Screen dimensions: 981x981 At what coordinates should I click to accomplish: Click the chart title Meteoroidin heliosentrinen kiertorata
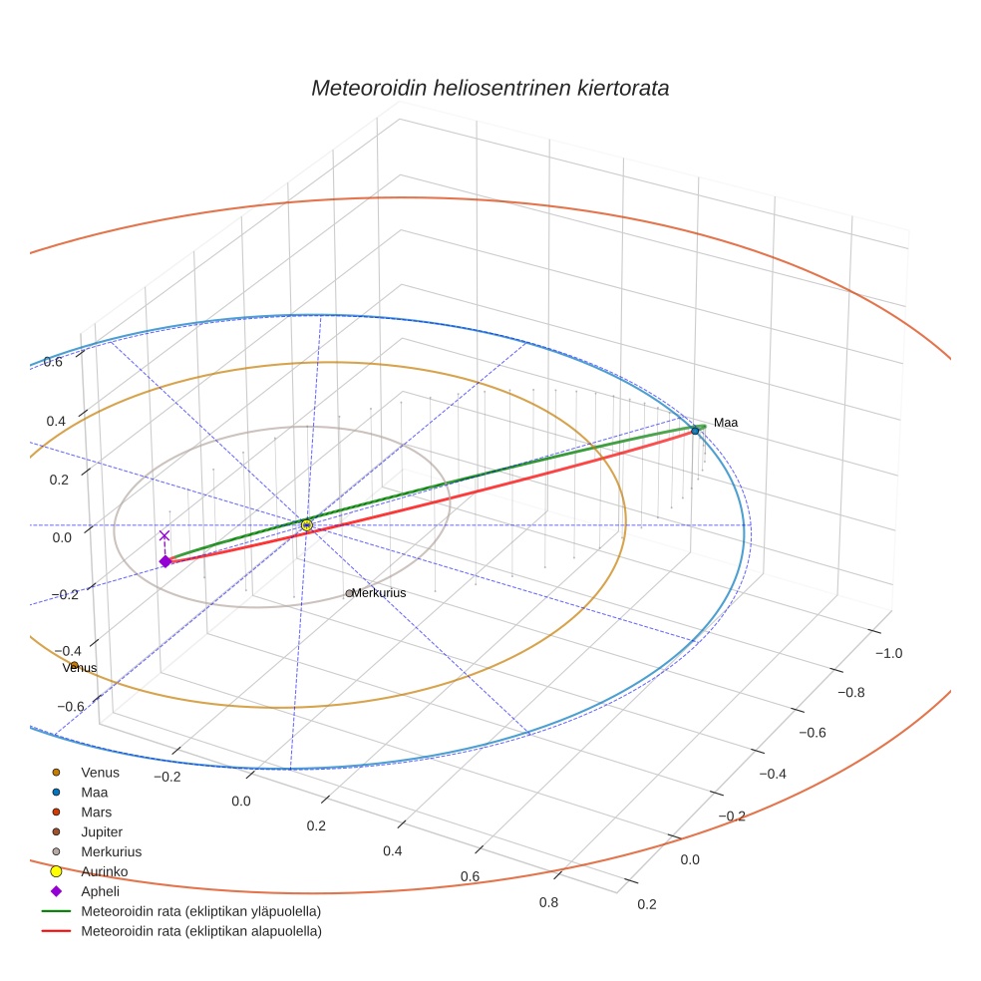click(x=490, y=88)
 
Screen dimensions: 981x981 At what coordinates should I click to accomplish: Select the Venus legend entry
click(x=100, y=772)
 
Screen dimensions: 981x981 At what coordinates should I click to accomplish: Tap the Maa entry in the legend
click(x=94, y=792)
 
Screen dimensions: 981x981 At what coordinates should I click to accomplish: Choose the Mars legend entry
click(x=96, y=812)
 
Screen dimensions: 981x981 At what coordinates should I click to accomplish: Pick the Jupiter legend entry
click(x=102, y=831)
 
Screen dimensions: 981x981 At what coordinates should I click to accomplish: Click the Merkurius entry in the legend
click(x=111, y=851)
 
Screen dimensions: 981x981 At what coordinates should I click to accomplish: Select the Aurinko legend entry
click(x=104, y=871)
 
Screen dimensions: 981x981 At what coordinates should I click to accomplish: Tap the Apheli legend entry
click(x=100, y=891)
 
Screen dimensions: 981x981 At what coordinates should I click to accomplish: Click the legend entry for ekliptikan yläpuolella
click(x=200, y=911)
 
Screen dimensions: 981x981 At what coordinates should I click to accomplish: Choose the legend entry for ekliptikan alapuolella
click(x=200, y=931)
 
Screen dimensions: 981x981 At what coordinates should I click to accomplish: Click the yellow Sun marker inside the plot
click(x=307, y=524)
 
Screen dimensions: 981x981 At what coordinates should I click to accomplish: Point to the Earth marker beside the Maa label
click(x=695, y=430)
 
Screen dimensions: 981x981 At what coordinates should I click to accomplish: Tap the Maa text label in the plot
click(x=726, y=423)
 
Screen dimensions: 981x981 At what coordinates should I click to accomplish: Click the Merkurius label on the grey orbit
click(x=380, y=593)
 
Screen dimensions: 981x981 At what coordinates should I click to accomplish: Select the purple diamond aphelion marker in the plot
click(x=165, y=561)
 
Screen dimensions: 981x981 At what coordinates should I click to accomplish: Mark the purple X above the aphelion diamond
click(x=164, y=536)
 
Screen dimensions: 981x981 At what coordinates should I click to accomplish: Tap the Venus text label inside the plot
click(x=80, y=668)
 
